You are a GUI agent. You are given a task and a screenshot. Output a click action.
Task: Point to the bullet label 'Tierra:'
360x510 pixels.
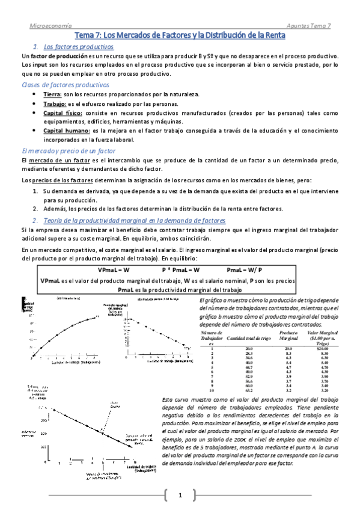(x=53, y=96)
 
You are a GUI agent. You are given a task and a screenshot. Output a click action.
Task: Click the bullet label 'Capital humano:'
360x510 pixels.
(x=67, y=131)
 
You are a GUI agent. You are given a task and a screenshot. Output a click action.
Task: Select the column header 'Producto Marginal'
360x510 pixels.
(x=288, y=335)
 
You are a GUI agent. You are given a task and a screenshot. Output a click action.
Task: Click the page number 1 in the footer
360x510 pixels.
(x=180, y=495)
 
